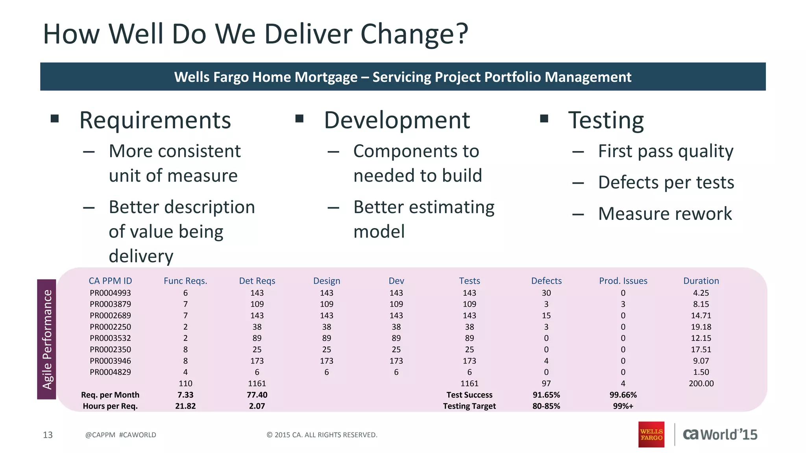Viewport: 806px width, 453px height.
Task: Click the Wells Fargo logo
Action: click(x=651, y=434)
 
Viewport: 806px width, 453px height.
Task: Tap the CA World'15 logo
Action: click(x=720, y=434)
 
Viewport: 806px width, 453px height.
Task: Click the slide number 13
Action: click(x=48, y=435)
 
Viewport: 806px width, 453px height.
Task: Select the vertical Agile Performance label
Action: click(x=47, y=339)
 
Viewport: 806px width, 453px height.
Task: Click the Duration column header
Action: click(x=701, y=281)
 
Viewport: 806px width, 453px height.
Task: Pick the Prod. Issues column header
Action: click(x=623, y=281)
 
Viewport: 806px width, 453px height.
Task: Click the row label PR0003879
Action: click(x=110, y=304)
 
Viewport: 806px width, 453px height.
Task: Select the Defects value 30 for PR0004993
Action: click(x=546, y=293)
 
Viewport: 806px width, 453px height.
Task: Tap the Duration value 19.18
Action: click(x=701, y=327)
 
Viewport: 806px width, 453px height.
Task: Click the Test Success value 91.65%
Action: click(x=546, y=395)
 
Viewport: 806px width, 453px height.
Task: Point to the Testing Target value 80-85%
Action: click(x=546, y=406)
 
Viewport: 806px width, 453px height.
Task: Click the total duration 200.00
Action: click(x=701, y=383)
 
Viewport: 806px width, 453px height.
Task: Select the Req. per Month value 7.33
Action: click(x=185, y=395)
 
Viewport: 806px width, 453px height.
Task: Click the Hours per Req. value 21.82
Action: click(x=185, y=406)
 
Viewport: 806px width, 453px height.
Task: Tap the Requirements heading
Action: click(x=155, y=120)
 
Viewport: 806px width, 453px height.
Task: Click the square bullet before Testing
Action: click(x=544, y=118)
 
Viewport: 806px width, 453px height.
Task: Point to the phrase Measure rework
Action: click(x=665, y=214)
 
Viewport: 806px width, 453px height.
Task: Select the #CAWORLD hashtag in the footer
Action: click(x=137, y=435)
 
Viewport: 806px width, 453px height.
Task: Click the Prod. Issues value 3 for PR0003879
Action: click(x=623, y=304)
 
